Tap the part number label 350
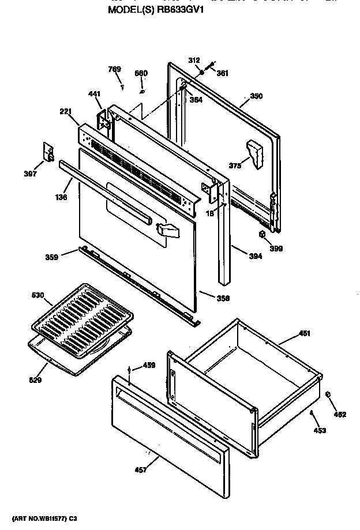pos(256,96)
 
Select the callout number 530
pos(37,296)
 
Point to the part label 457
pos(141,470)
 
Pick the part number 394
pos(255,256)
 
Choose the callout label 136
pos(62,197)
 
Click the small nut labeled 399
pos(262,234)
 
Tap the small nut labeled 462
pos(328,394)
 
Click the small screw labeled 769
pos(122,88)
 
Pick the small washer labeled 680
pos(142,91)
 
